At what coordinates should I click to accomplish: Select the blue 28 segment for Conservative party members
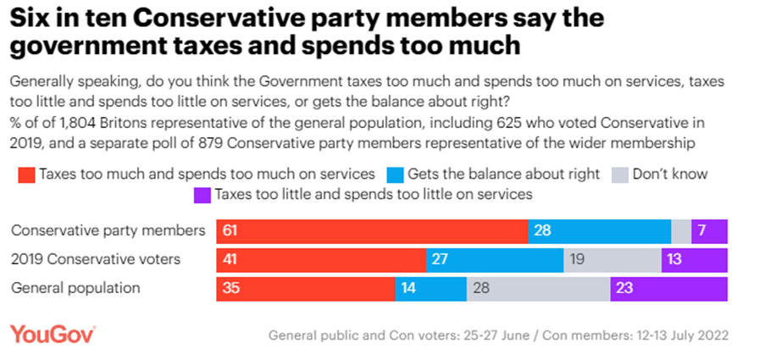click(x=599, y=231)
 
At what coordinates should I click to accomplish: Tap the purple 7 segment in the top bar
click(x=709, y=231)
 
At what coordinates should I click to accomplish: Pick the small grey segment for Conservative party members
click(x=681, y=231)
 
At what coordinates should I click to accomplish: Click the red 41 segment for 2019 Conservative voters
click(x=320, y=260)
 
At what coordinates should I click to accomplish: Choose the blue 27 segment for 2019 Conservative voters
click(x=495, y=260)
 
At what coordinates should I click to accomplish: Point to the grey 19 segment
click(x=613, y=260)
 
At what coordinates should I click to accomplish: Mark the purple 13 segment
click(x=695, y=260)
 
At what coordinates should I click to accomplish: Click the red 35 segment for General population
click(x=305, y=288)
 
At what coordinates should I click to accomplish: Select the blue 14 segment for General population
click(x=431, y=288)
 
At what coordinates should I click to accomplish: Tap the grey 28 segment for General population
click(x=538, y=288)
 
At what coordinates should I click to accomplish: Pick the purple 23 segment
click(x=668, y=288)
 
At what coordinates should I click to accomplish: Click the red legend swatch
click(x=26, y=175)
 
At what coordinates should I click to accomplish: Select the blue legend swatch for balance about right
click(x=394, y=175)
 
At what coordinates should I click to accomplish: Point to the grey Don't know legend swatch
click(x=618, y=175)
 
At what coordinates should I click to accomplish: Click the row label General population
click(x=75, y=288)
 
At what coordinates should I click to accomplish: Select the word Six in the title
click(x=31, y=19)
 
